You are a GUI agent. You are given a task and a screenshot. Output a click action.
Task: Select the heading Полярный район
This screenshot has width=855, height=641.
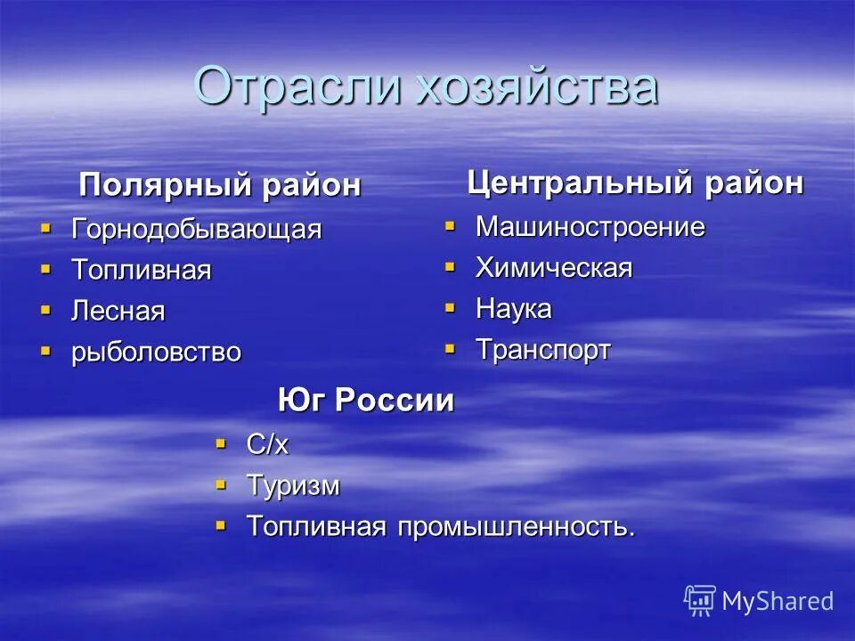click(220, 185)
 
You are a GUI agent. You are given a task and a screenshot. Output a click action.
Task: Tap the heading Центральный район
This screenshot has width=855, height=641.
click(635, 183)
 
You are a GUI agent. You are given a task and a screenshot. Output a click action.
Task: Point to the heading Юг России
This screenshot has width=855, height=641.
click(365, 401)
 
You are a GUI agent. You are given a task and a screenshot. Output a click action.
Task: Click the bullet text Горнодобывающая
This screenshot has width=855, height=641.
click(196, 229)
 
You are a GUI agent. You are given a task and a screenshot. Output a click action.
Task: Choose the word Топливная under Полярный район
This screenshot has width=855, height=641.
click(142, 270)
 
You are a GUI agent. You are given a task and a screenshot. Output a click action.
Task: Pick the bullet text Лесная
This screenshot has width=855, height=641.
click(118, 311)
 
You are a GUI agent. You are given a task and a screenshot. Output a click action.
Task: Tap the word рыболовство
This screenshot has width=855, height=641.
click(156, 352)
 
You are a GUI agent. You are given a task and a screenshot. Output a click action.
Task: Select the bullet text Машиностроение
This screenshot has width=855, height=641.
click(590, 226)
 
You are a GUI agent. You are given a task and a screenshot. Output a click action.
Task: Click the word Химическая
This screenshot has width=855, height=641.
click(553, 267)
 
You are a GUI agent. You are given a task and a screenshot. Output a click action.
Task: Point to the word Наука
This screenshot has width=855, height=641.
click(513, 309)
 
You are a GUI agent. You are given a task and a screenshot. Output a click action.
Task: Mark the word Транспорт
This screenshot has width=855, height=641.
click(542, 350)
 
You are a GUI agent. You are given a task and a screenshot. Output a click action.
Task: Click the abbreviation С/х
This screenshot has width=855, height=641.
click(267, 444)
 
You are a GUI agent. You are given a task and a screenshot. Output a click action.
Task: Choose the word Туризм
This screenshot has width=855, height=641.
click(292, 485)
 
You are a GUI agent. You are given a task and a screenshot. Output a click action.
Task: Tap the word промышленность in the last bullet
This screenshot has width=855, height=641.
click(517, 526)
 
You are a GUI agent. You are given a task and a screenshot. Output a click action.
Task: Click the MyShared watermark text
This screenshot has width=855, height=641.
click(778, 601)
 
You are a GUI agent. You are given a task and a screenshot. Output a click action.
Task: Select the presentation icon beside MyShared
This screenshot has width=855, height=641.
click(700, 601)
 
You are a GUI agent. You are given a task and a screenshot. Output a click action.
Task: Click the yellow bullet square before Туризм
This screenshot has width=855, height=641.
click(221, 484)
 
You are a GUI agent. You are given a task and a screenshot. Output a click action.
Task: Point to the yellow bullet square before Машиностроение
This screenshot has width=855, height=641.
click(450, 225)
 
